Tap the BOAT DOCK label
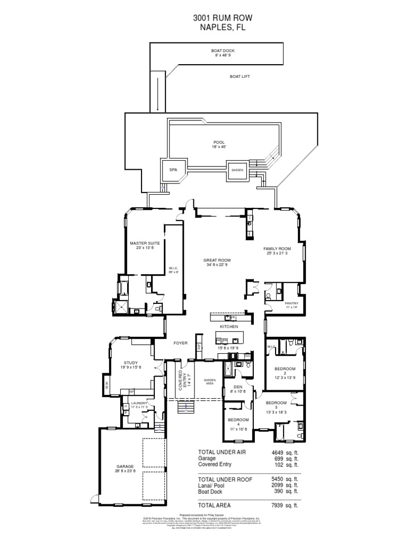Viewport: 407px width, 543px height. click(218, 51)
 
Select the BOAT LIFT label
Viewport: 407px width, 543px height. click(240, 76)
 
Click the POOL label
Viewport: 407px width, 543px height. click(219, 142)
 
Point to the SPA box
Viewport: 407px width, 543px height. click(172, 170)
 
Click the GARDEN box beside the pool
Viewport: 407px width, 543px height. click(236, 170)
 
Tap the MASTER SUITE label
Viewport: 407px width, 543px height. click(145, 243)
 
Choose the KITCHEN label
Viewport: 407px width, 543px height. click(230, 327)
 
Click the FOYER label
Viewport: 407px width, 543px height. click(181, 343)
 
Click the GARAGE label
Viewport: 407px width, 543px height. click(126, 467)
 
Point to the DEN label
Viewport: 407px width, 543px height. click(237, 387)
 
